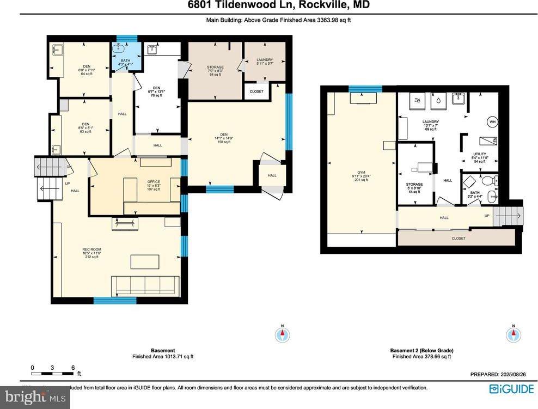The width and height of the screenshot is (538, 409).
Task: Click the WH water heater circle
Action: tap(492, 122)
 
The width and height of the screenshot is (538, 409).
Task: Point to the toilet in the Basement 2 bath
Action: tap(490, 181)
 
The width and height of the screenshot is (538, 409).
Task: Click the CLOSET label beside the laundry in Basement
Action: tap(256, 91)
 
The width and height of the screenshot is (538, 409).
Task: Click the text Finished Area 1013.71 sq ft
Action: tap(163, 357)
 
